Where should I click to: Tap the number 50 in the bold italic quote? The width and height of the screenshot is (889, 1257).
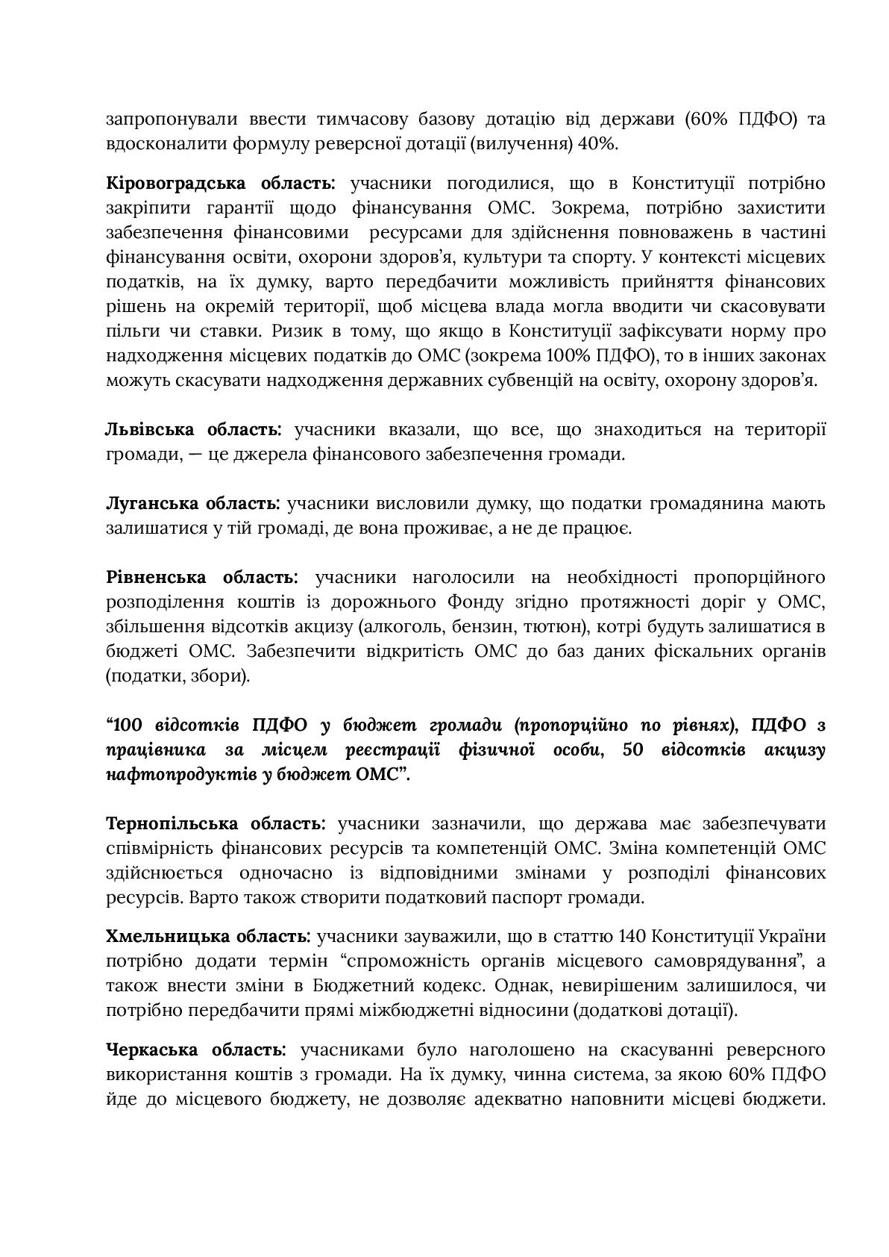point(632,750)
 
